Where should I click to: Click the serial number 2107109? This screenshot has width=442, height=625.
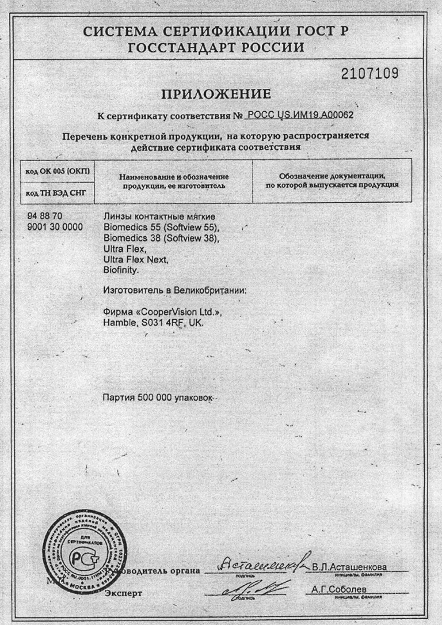coord(370,73)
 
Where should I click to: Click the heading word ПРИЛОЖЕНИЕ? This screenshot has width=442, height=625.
coord(216,94)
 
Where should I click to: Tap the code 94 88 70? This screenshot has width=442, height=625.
coord(45,216)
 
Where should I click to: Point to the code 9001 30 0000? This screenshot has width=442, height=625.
coord(55,227)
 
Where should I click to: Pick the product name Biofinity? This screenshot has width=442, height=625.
coord(121,270)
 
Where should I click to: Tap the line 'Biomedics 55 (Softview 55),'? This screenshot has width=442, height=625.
coord(161,227)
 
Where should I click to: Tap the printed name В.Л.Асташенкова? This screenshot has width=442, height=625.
coord(349,567)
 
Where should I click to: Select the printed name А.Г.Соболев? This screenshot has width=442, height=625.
coord(339,589)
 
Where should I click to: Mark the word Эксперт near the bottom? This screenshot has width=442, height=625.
coord(123,593)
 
